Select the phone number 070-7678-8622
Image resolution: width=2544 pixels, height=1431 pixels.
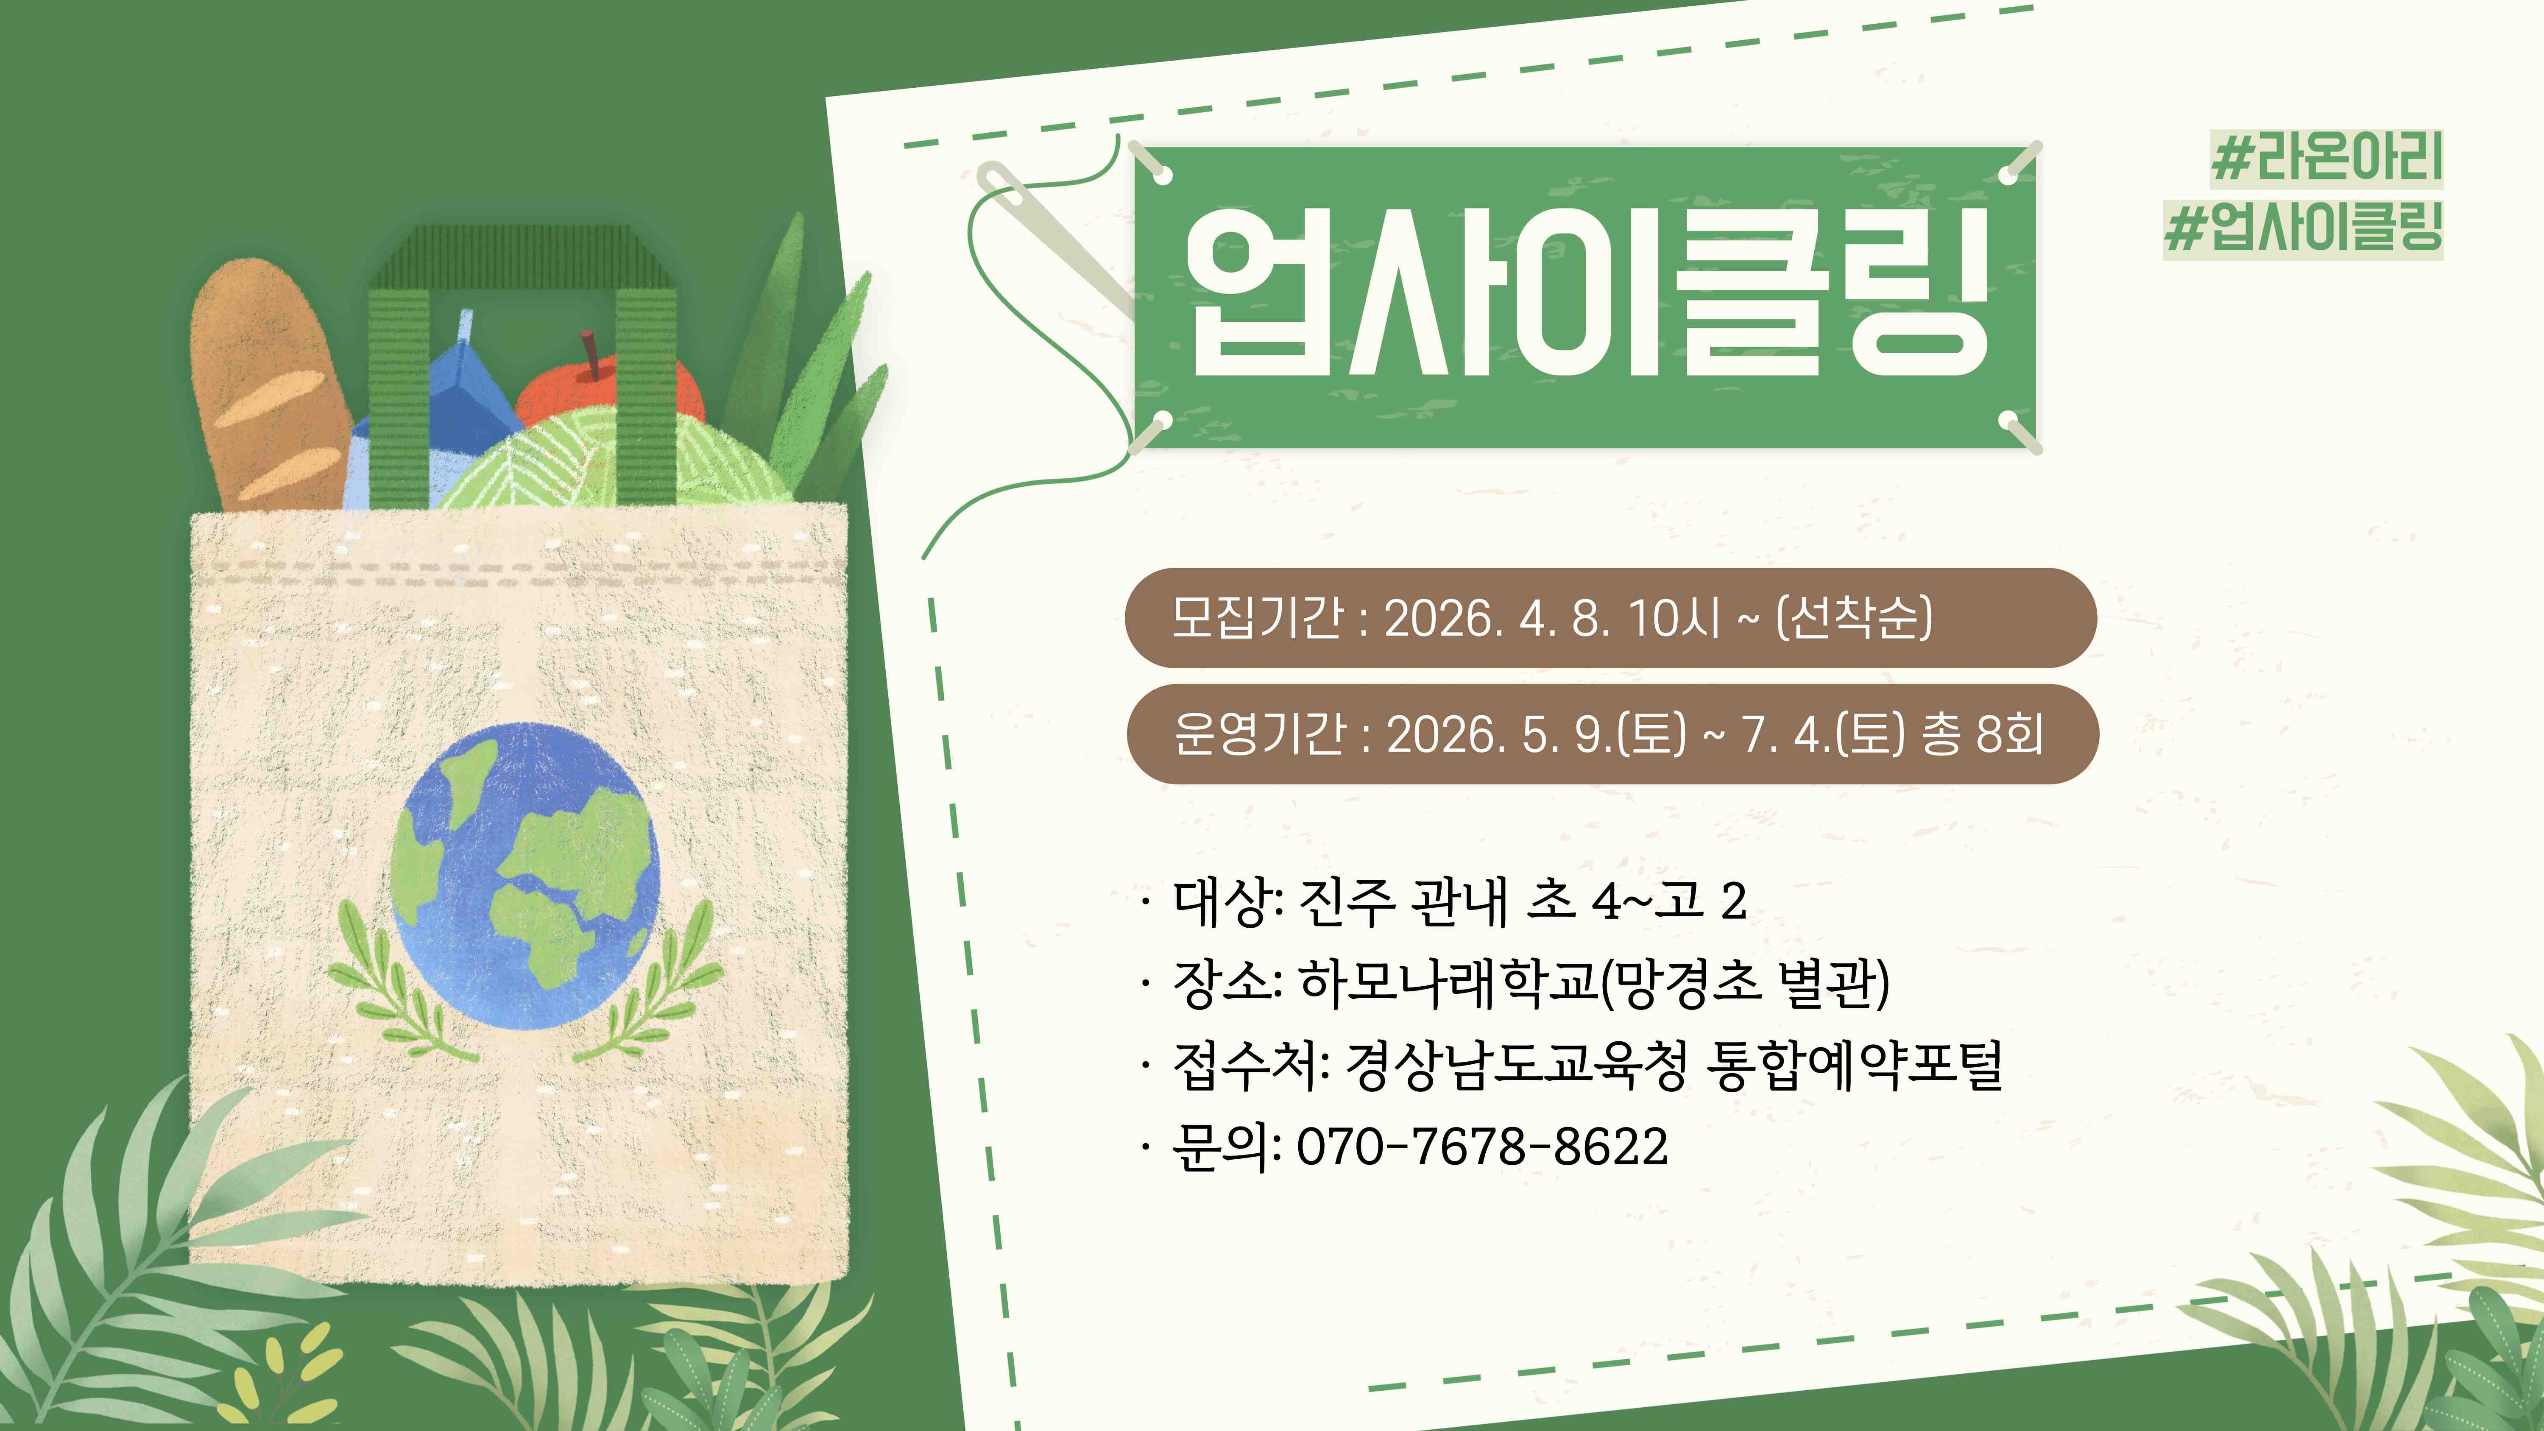tap(1481, 1146)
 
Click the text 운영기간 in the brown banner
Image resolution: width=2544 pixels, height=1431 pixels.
tap(1259, 734)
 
